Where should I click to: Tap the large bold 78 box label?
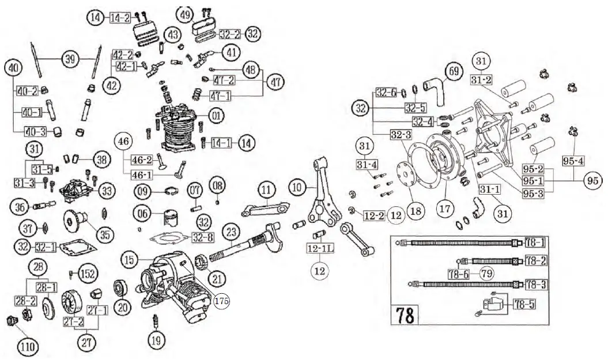405,316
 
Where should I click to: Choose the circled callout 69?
454,73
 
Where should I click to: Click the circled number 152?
88,272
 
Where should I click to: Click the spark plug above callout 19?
154,319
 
